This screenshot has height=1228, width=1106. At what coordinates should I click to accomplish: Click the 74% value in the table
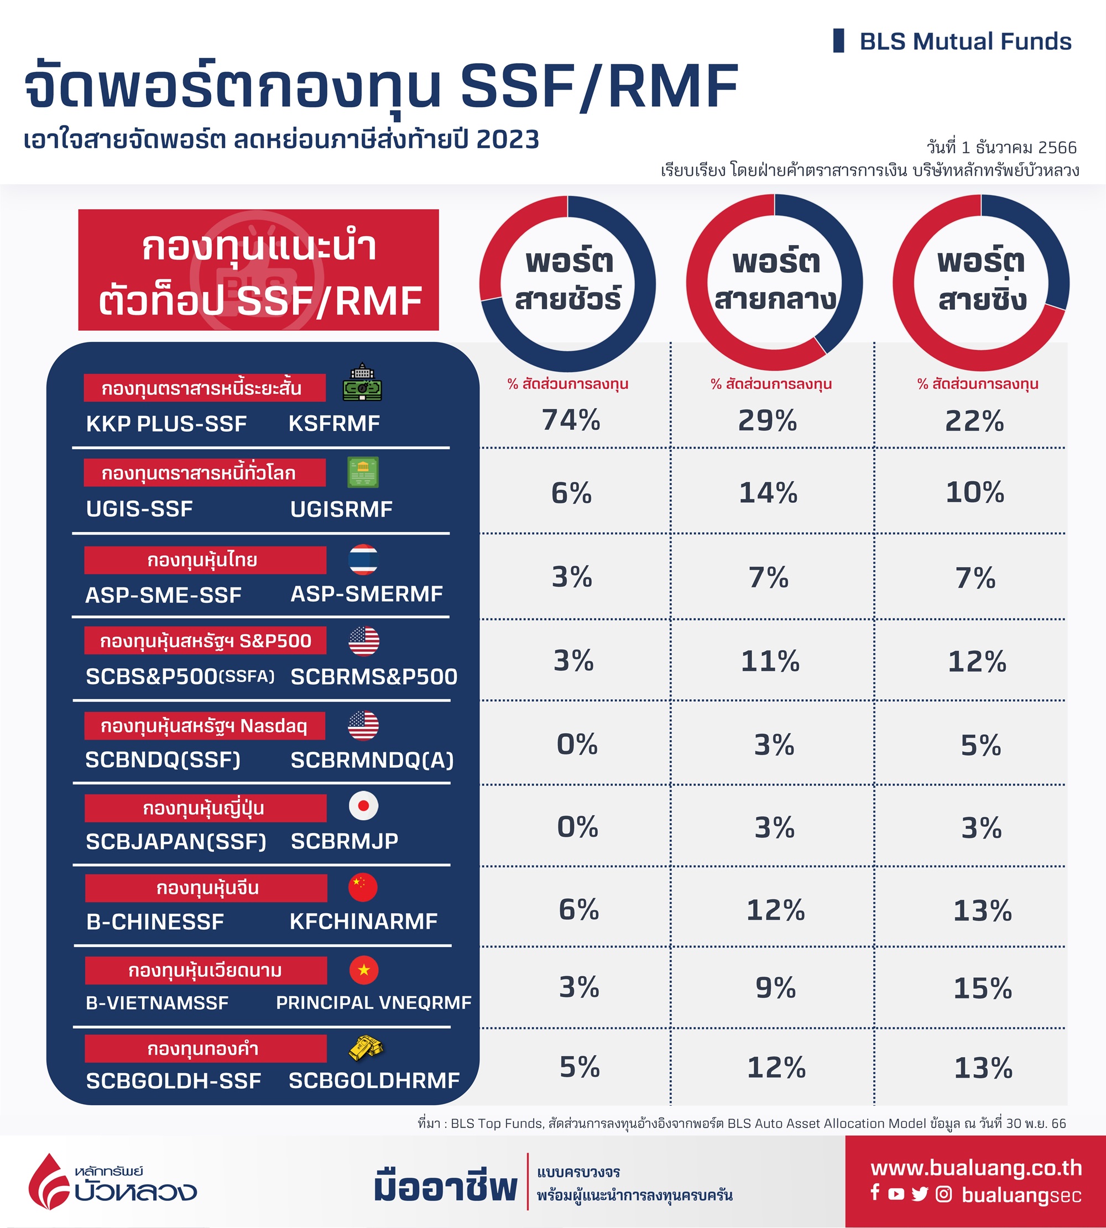(x=571, y=420)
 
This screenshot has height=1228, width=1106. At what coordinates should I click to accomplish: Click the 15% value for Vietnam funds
(x=983, y=988)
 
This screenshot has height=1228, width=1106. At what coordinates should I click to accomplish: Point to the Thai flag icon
(x=363, y=559)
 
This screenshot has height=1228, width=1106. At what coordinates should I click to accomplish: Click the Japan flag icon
(x=363, y=806)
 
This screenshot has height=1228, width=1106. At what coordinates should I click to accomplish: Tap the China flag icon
(x=363, y=888)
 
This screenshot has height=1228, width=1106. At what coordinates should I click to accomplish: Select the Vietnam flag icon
(x=363, y=970)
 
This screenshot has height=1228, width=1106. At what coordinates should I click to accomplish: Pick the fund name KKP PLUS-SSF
(x=166, y=424)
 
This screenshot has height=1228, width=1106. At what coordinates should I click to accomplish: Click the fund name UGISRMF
(x=341, y=509)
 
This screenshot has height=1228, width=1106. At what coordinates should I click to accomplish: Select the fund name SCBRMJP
(x=345, y=841)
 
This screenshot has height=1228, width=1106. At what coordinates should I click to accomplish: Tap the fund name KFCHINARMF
(x=363, y=921)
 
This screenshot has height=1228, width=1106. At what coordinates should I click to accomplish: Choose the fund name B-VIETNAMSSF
(x=158, y=1002)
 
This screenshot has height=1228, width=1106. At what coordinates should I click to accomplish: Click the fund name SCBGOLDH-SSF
(x=174, y=1080)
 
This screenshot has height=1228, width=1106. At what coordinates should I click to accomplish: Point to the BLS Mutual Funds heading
(x=965, y=41)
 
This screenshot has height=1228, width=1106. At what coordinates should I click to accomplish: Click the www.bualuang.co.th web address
(x=976, y=1167)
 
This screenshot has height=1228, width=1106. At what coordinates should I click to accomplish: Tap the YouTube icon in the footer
(x=896, y=1194)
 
